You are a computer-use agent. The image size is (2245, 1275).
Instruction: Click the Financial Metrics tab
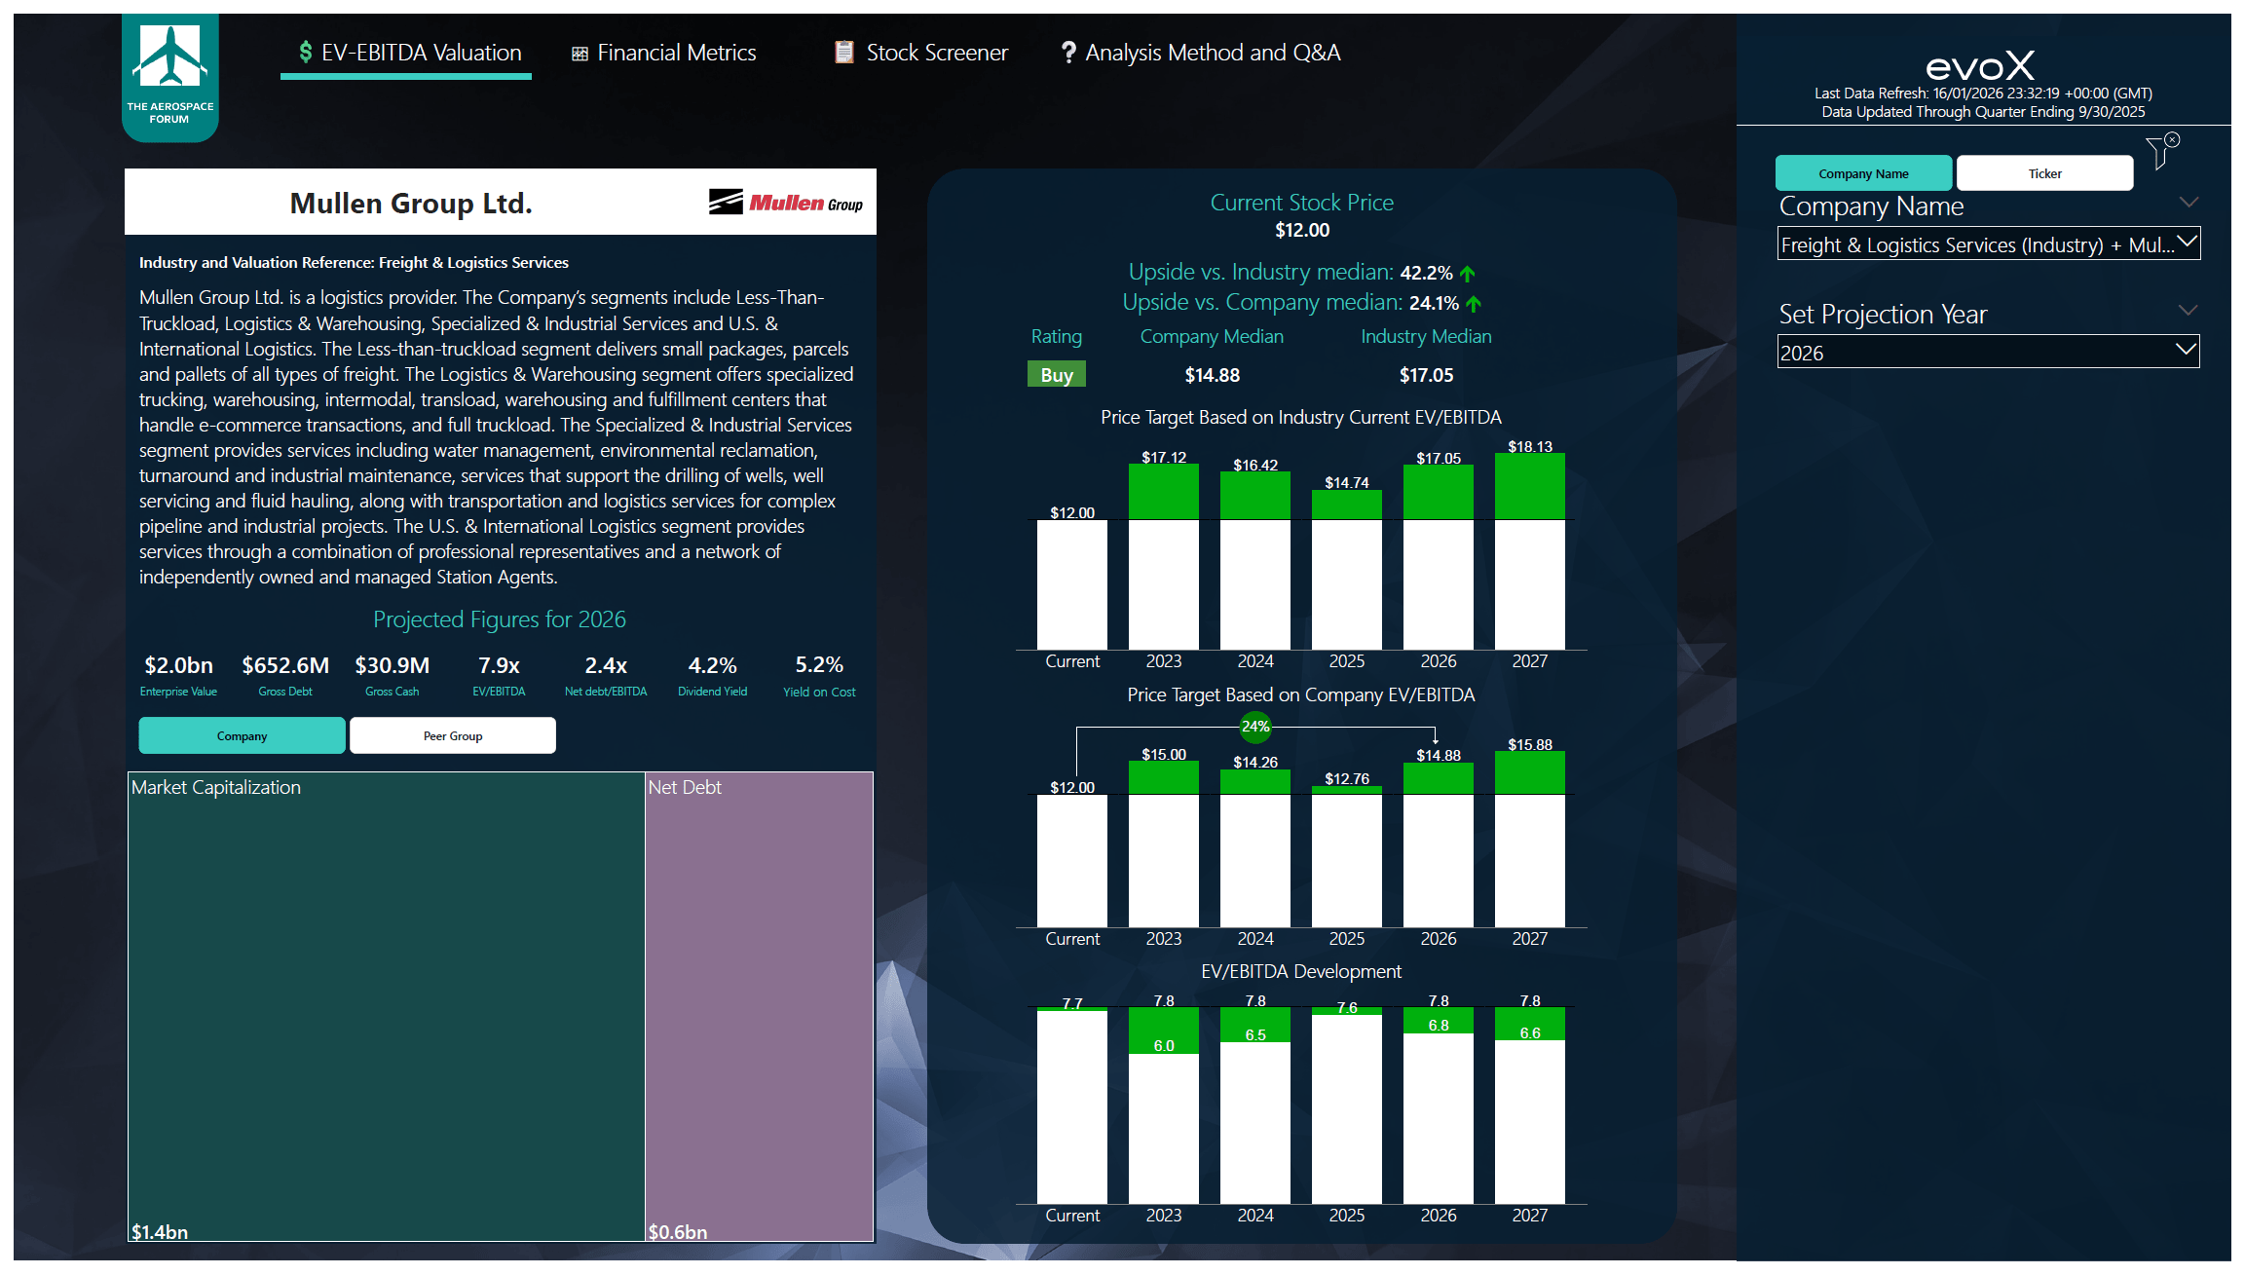click(664, 53)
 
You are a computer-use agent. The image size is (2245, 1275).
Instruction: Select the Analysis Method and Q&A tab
click(1201, 53)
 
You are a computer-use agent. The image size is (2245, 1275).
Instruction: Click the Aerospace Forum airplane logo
click(170, 58)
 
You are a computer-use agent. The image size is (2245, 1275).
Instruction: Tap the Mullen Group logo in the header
click(785, 203)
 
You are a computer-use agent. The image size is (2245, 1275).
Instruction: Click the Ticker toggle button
click(2044, 173)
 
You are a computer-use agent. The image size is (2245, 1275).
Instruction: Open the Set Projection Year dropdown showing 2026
click(1987, 353)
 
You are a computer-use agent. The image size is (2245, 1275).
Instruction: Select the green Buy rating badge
click(1056, 375)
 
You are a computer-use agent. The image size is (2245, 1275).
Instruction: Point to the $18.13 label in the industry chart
click(1529, 446)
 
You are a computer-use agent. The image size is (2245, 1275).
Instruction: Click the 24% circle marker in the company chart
click(1254, 727)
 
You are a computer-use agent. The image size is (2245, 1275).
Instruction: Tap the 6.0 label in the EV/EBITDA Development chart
click(1163, 1045)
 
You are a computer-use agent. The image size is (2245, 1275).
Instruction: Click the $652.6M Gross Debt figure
click(285, 665)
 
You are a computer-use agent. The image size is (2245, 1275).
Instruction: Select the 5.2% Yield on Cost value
click(818, 665)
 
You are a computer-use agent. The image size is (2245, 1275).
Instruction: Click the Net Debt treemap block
click(759, 1003)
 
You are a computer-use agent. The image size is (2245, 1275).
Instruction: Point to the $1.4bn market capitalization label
click(160, 1231)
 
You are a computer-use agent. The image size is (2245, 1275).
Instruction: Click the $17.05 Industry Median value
click(1426, 375)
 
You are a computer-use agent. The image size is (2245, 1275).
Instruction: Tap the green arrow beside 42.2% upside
click(1468, 274)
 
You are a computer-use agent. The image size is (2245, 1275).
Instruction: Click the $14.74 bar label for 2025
click(1346, 482)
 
